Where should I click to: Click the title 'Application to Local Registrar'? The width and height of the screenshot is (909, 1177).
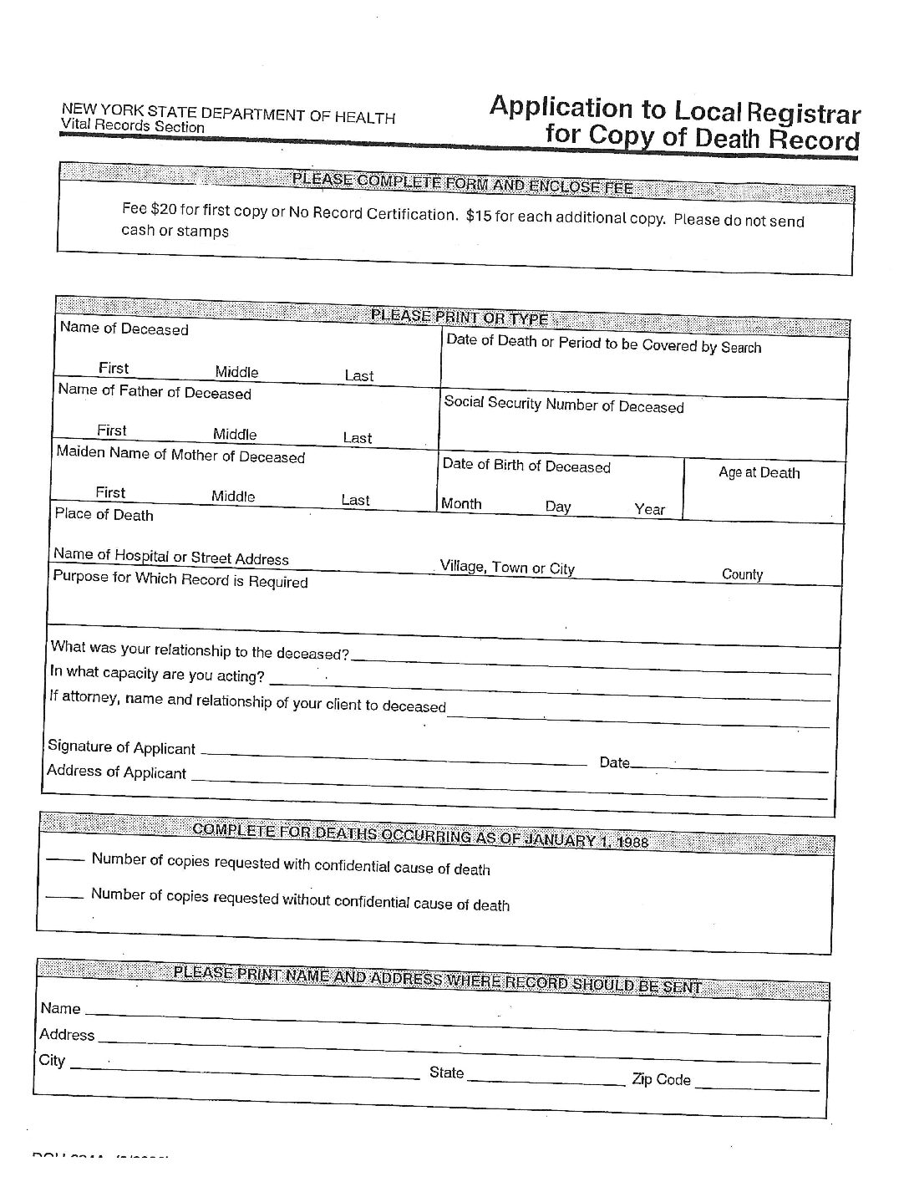point(674,110)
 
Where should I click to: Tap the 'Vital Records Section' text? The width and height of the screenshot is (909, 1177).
point(132,127)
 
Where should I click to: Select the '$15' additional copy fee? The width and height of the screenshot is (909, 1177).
point(479,216)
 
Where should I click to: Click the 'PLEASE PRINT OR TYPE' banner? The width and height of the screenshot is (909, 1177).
point(459,318)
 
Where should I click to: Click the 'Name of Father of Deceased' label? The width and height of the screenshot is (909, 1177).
point(155,391)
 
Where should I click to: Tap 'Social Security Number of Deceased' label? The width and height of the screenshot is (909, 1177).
point(564,405)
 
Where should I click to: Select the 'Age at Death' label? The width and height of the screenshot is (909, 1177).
point(759,472)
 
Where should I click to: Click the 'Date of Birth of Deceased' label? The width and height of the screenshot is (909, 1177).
point(526,466)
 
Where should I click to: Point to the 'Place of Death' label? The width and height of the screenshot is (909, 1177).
point(104,514)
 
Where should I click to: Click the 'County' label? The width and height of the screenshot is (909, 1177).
point(743,574)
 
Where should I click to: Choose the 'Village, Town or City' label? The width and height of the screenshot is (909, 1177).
point(508,568)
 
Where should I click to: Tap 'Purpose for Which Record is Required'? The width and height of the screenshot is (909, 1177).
point(180,578)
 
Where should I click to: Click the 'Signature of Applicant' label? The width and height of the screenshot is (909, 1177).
point(121,746)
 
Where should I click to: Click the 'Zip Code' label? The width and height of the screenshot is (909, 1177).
point(662,1079)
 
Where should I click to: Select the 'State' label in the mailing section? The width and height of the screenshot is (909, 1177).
point(446,1073)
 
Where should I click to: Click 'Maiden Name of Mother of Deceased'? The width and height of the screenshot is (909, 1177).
point(180,456)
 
